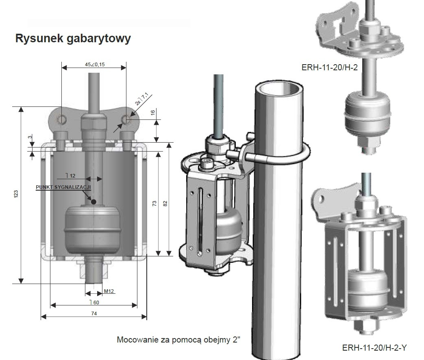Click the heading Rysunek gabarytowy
[x=73, y=39]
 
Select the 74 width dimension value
[x=94, y=313]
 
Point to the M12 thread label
[x=109, y=291]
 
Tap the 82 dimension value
[x=165, y=203]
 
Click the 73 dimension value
[x=154, y=203]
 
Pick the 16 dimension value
[x=153, y=113]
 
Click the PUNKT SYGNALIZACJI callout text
[x=63, y=187]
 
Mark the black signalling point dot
[x=94, y=202]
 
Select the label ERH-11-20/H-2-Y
[x=374, y=348]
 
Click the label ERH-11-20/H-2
[x=330, y=67]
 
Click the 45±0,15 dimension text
[x=94, y=65]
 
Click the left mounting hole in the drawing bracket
[x=61, y=119]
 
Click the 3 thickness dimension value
[x=30, y=138]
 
